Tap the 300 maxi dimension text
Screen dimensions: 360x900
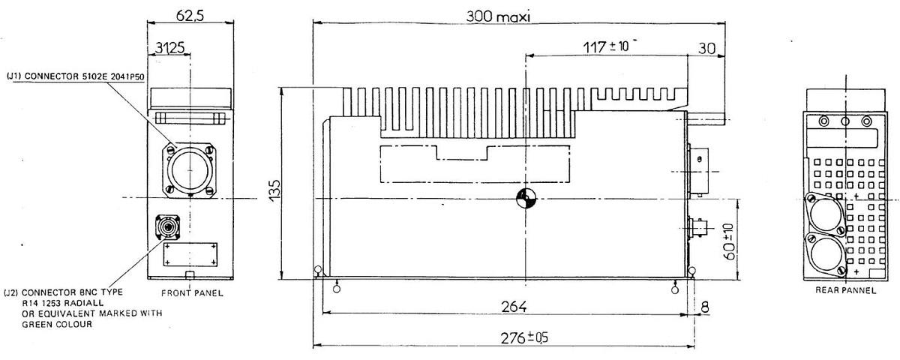[x=498, y=16]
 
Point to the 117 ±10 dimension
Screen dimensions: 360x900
[x=607, y=46]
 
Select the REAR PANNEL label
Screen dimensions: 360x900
[x=845, y=290]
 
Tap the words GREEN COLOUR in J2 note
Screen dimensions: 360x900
[x=56, y=324]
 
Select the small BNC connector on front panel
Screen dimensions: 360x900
[x=166, y=226]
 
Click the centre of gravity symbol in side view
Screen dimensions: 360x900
[x=527, y=198]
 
